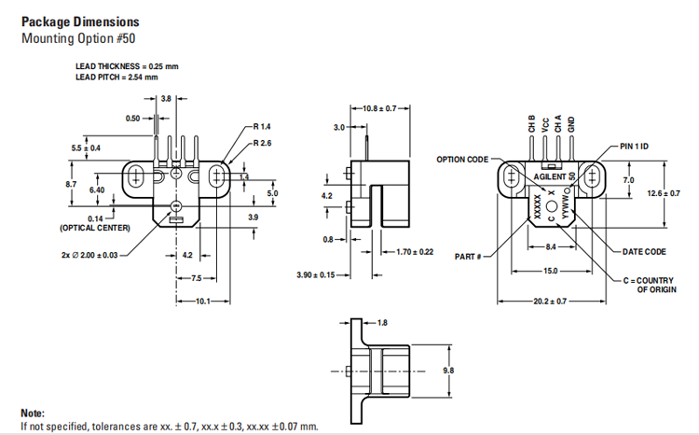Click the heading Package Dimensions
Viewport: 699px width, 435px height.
point(80,21)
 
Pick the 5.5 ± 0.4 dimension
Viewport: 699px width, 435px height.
point(86,148)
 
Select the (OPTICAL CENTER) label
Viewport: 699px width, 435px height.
point(94,228)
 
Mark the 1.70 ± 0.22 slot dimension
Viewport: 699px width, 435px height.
point(415,252)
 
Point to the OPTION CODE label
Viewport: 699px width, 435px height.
point(462,160)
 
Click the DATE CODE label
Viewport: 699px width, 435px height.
point(644,252)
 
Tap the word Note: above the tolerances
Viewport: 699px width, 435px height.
point(34,412)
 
